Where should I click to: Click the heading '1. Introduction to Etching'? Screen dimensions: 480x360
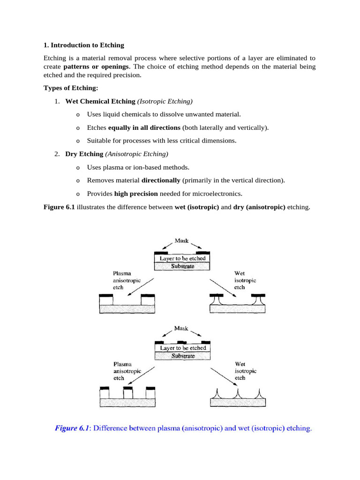click(x=84, y=45)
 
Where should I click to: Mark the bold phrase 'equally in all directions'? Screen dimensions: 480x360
click(x=144, y=127)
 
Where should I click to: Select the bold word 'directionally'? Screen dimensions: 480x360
click(x=161, y=180)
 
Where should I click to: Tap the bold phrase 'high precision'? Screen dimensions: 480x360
click(x=136, y=194)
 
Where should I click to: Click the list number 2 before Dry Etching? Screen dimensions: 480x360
click(x=57, y=154)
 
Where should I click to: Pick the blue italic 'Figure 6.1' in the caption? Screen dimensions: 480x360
click(x=72, y=428)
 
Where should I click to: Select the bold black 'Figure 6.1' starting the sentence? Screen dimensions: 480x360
click(x=59, y=207)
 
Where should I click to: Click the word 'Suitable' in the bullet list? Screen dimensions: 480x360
click(x=99, y=141)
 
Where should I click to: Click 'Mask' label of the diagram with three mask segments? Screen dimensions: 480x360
click(x=181, y=329)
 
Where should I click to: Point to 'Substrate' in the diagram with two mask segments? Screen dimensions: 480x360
click(x=182, y=266)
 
